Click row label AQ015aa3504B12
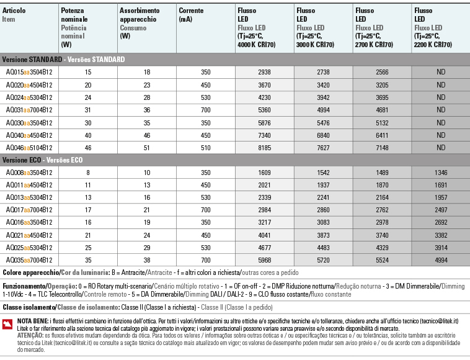pyautogui.click(x=29, y=72)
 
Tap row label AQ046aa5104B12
pyautogui.click(x=29, y=148)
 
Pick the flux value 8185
pyautogui.click(x=265, y=148)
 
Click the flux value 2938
pyautogui.click(x=265, y=72)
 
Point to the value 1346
pyautogui.click(x=441, y=173)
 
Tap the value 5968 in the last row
pyautogui.click(x=265, y=260)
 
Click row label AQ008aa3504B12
pyautogui.click(x=29, y=173)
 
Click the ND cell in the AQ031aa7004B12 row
pyautogui.click(x=441, y=110)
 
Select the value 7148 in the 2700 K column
pyautogui.click(x=382, y=148)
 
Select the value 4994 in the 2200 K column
pyautogui.click(x=441, y=260)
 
